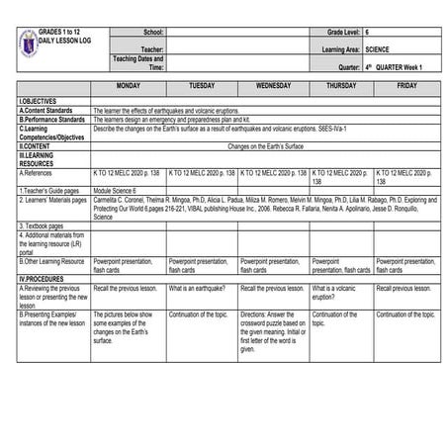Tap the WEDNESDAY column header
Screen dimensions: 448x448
(273, 86)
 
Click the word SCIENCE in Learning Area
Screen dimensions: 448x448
(377, 47)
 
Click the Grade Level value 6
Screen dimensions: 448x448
(367, 33)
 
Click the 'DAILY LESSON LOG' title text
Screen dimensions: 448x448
(67, 41)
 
